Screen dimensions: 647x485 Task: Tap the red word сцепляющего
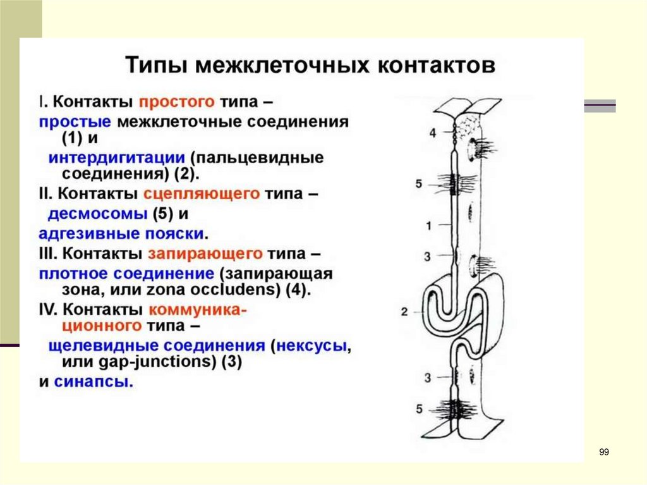click(202, 193)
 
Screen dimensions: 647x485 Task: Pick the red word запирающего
click(206, 254)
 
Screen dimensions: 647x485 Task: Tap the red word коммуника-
click(197, 310)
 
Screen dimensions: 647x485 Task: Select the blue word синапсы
click(93, 382)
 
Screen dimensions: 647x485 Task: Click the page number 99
click(604, 451)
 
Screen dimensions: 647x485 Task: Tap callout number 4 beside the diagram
click(433, 133)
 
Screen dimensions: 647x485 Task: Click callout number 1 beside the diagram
click(428, 225)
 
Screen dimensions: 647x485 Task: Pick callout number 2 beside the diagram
click(404, 311)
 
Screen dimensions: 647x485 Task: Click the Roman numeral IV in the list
click(47, 310)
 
